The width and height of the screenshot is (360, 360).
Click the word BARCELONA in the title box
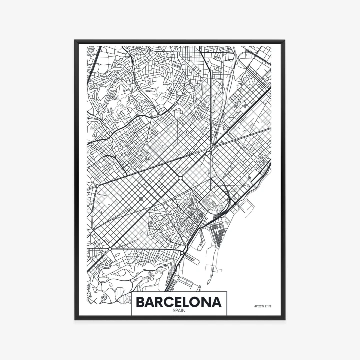[179, 302]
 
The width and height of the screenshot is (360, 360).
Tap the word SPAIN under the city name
[179, 311]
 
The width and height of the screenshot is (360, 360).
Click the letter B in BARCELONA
[141, 302]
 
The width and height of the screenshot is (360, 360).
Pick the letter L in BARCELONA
[188, 302]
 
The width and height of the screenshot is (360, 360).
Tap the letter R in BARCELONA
[160, 302]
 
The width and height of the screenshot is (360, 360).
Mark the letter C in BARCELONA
[169, 302]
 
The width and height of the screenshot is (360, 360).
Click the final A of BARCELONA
[217, 302]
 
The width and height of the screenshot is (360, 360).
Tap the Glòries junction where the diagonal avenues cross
[213, 146]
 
